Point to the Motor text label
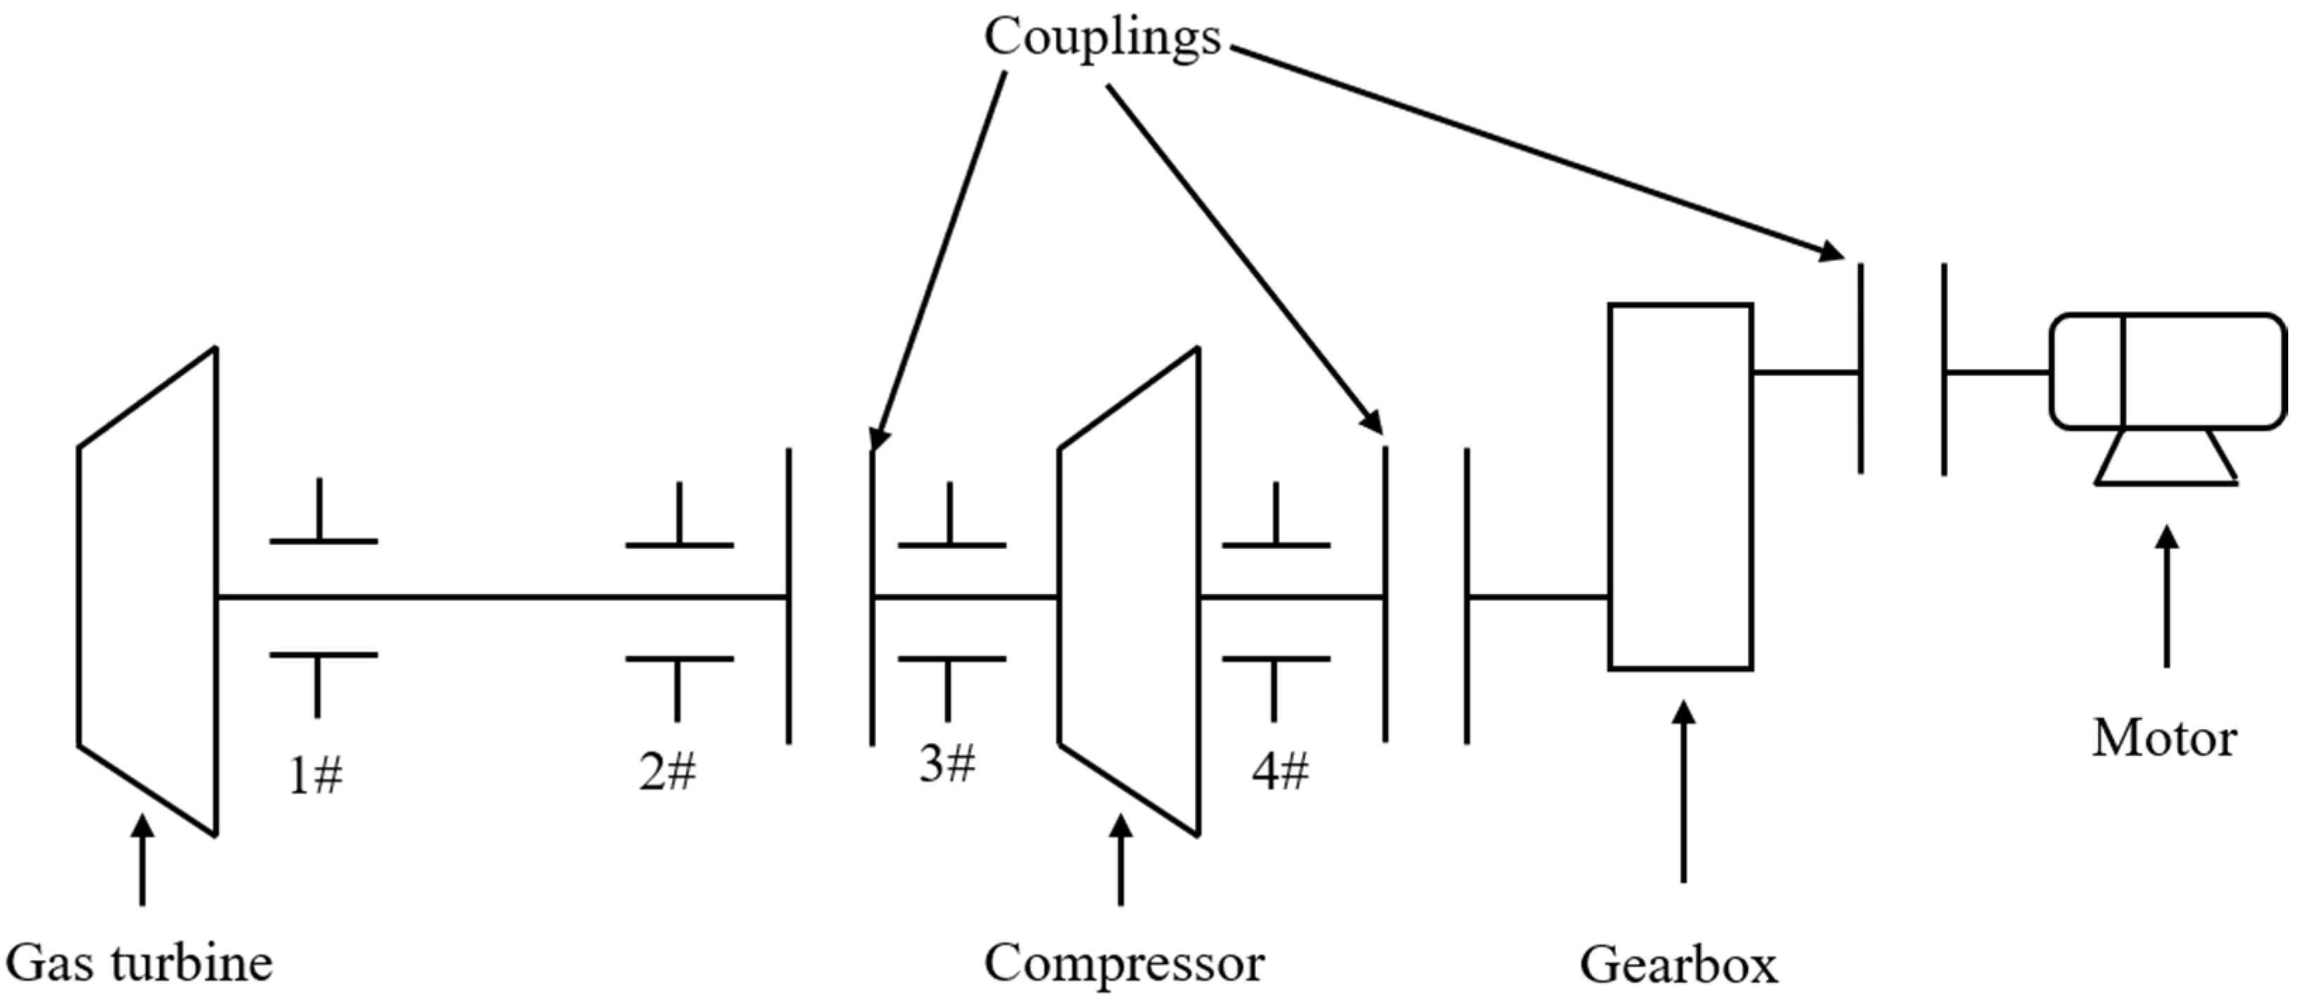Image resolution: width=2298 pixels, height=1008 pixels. coord(2164,739)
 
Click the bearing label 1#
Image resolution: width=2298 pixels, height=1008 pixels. coord(316,775)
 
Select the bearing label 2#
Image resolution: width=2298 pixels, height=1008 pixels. coord(667,772)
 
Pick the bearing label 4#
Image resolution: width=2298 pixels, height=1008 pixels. coord(1280,772)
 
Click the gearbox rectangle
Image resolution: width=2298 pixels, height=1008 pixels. coord(1681,486)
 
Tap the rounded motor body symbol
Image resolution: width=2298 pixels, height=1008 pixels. coord(2168,370)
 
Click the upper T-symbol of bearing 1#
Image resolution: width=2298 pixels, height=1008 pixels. coord(322,517)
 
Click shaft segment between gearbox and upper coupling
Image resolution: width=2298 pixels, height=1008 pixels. coord(1806,372)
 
